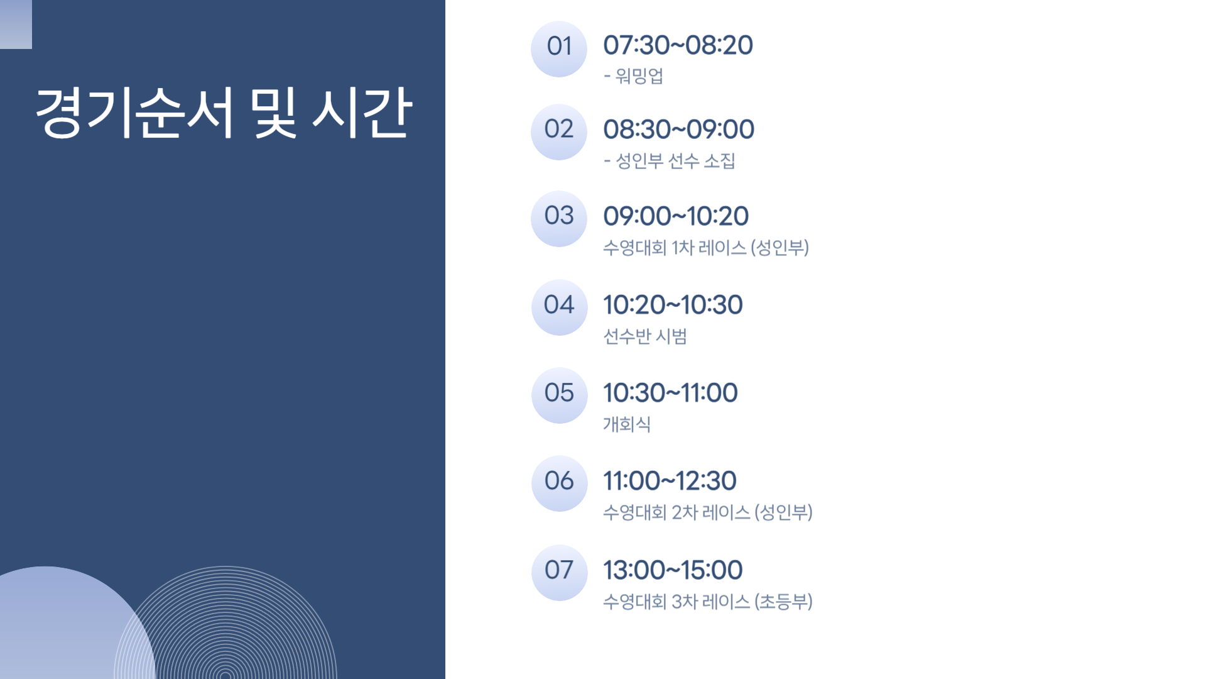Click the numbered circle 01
click(559, 49)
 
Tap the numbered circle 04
click(559, 307)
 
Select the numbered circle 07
click(559, 573)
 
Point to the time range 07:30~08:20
click(678, 45)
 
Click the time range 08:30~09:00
click(678, 130)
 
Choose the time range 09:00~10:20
click(676, 216)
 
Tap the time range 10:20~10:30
click(673, 305)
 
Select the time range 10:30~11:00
click(670, 393)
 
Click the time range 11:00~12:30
click(670, 481)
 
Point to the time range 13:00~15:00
click(673, 570)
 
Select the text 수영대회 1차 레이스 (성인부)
click(706, 248)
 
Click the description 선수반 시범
click(645, 336)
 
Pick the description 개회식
click(627, 424)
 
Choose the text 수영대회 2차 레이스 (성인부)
click(708, 512)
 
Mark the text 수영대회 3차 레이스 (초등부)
click(708, 602)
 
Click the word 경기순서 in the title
click(135, 113)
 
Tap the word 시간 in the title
click(362, 113)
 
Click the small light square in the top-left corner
click(16, 25)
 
